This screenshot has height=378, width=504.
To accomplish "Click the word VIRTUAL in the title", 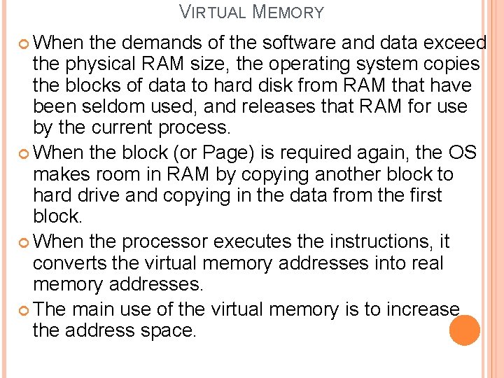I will point(213,12).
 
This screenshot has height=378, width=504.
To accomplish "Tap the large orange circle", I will point(464,330).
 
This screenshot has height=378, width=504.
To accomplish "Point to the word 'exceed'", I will point(456,43).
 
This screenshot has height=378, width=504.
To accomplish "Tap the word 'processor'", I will point(165,242).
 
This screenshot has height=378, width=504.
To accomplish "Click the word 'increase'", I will point(417,309).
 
